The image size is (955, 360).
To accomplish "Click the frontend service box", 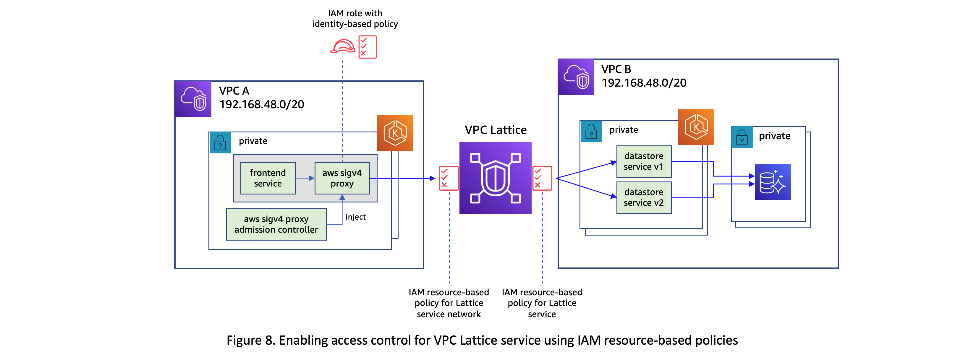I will tap(268, 178).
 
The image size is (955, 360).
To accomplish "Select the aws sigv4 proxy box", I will tap(342, 178).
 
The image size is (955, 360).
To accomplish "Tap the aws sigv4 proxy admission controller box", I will tap(276, 224).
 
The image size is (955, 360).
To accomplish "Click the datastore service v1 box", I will tap(644, 161).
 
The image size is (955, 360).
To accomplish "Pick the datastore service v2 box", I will tap(644, 197).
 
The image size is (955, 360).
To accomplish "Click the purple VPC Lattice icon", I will tap(495, 178).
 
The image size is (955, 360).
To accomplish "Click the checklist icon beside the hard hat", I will tap(368, 47).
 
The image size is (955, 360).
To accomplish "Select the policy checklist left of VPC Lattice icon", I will tap(448, 178).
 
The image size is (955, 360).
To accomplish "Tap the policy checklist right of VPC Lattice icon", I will tap(542, 178).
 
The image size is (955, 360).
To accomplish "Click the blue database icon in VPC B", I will tap(772, 182).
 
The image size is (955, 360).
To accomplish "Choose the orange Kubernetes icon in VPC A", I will tap(394, 133).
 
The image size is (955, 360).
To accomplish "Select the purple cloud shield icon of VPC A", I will tap(193, 99).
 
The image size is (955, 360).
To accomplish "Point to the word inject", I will tap(355, 217).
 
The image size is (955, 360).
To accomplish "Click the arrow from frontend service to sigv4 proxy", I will tap(305, 178).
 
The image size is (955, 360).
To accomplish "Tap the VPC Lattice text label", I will tap(495, 130).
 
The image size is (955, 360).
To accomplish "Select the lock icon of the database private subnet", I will tap(742, 137).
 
